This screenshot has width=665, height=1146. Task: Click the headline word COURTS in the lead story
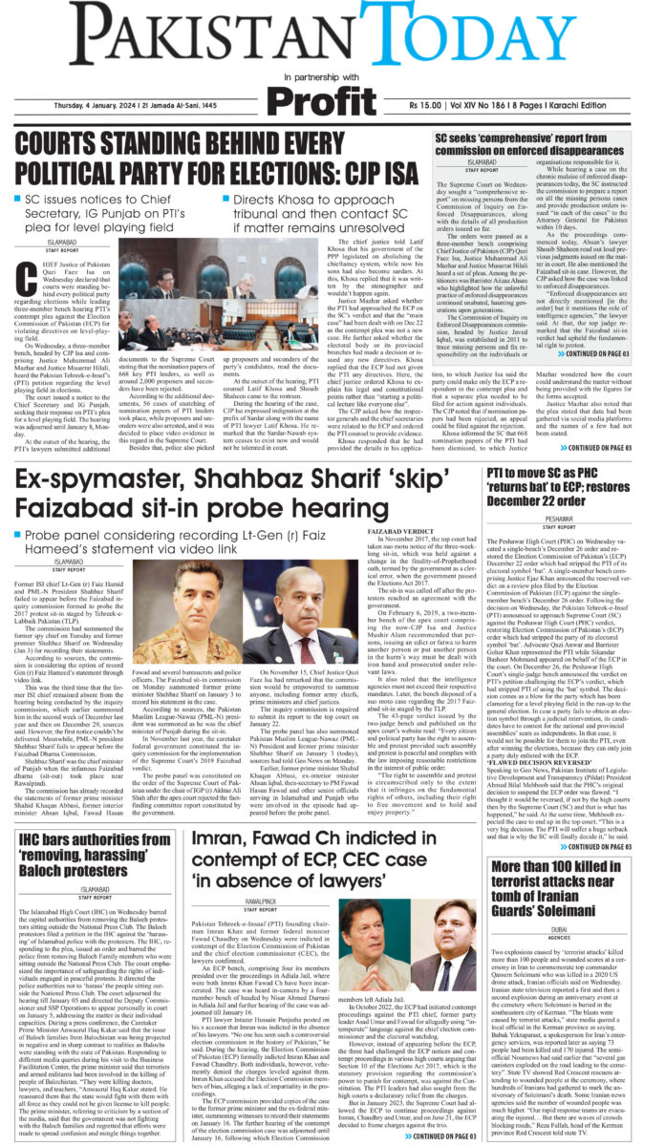point(73,148)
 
